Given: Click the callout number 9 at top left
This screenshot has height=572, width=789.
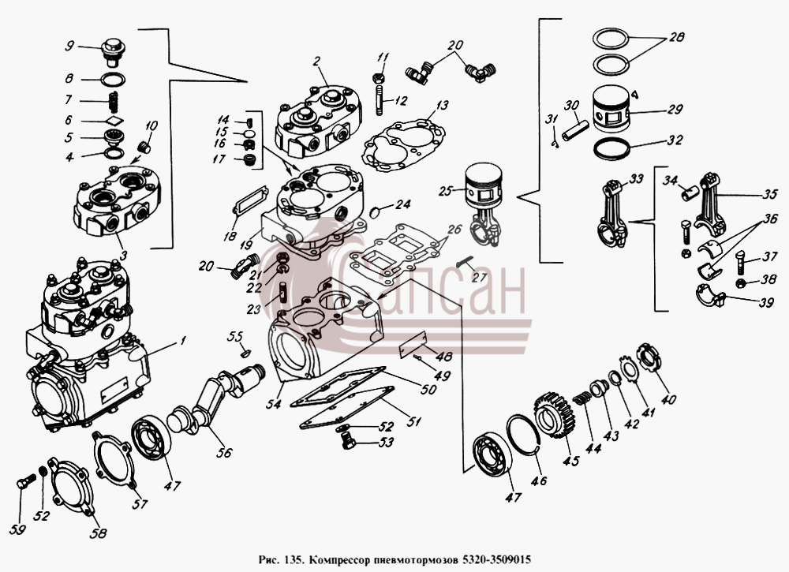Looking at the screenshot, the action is (69, 46).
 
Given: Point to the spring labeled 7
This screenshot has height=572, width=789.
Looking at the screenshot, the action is (114, 103).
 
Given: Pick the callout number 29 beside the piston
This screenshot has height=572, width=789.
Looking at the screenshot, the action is (675, 109).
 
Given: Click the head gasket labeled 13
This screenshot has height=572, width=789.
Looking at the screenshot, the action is (403, 144).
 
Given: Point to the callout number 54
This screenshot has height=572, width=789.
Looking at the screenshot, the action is (274, 403).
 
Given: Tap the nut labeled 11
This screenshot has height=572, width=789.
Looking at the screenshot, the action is (379, 79).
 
